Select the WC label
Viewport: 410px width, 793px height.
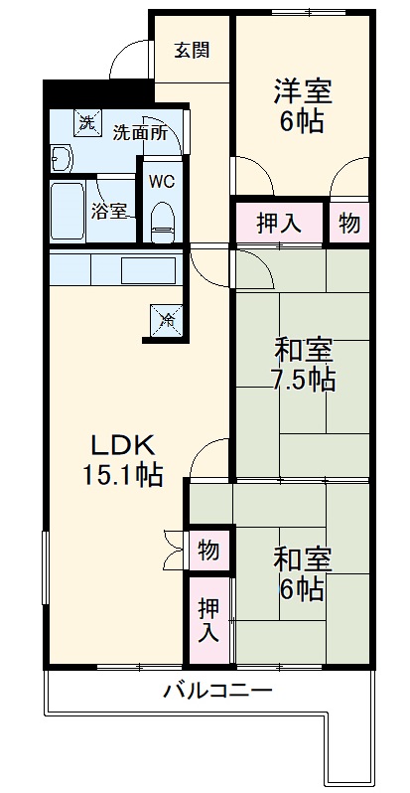pos(161,182)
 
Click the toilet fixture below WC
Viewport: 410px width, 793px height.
pos(161,224)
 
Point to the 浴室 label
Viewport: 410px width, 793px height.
pos(109,211)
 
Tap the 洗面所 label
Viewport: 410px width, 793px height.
pos(138,131)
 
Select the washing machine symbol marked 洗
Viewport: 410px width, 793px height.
pos(87,123)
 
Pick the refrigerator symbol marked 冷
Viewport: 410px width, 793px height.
pos(167,320)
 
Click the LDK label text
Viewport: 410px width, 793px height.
pos(122,444)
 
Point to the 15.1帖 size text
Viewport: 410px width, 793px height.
pos(123,474)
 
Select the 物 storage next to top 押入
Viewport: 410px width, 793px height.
pos(348,223)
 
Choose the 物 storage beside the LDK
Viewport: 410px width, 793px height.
pos(208,549)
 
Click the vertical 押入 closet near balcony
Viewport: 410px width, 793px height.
pos(208,620)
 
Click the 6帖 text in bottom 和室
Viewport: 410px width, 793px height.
pos(303,588)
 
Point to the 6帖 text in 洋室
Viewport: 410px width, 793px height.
pos(303,123)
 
